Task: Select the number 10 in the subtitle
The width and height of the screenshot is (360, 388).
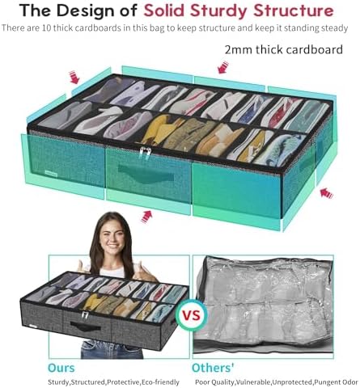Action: [x=47, y=28]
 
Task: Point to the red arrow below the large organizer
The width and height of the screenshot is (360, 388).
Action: [x=146, y=217]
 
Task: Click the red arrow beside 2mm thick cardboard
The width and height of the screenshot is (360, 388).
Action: [x=223, y=67]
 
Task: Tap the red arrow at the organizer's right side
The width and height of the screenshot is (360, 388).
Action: [x=327, y=193]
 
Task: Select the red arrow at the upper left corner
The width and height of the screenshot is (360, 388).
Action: [x=74, y=77]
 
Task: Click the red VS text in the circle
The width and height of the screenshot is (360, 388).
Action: [x=192, y=315]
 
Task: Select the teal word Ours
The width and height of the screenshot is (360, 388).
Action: [x=61, y=368]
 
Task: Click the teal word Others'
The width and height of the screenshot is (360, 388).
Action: [x=213, y=368]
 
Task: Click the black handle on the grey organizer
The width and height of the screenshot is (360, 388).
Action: [x=86, y=327]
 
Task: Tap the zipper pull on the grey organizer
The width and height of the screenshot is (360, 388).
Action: [x=85, y=315]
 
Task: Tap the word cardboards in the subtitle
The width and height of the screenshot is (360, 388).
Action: [x=98, y=28]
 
